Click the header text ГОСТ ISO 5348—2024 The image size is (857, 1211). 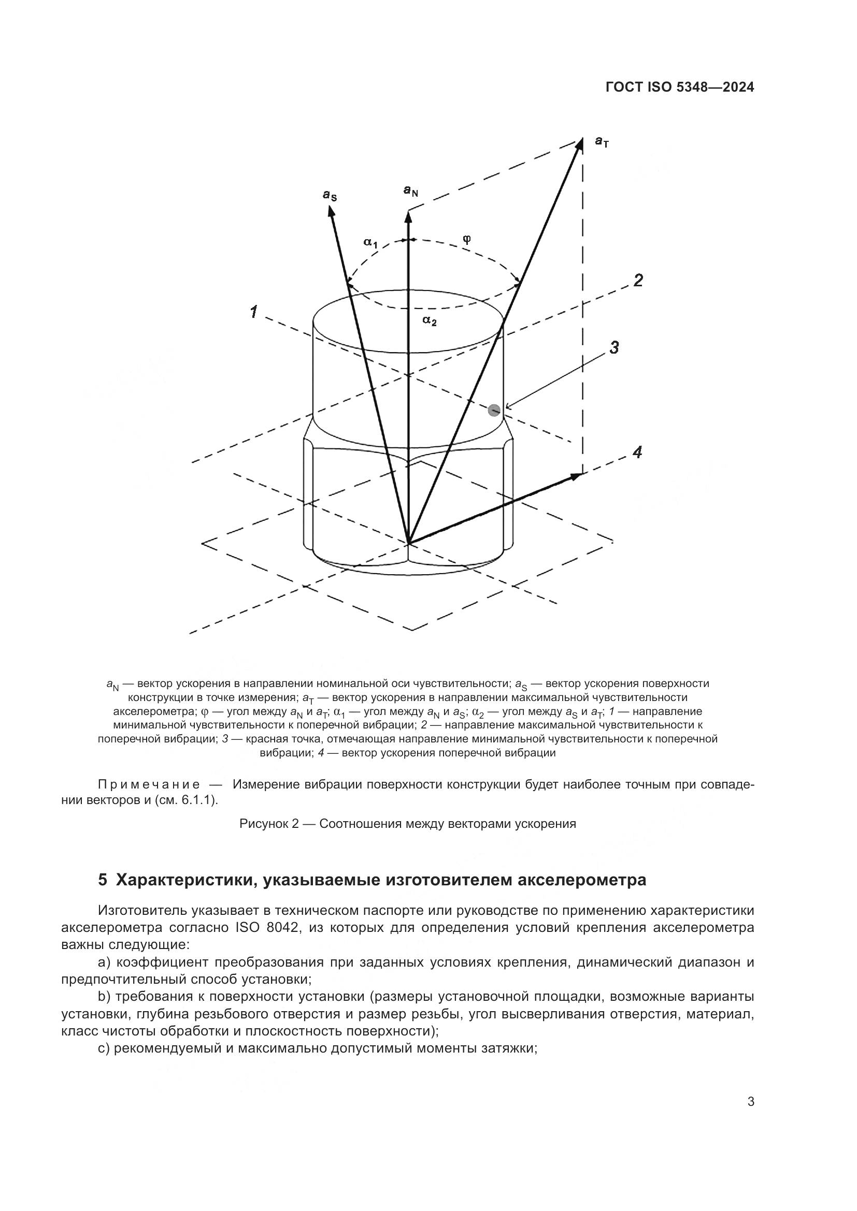[x=680, y=87]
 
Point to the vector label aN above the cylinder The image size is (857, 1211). [x=410, y=191]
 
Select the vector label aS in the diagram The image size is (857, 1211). [x=330, y=196]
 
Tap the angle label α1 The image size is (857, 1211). [x=370, y=243]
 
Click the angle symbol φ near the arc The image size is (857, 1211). [x=466, y=239]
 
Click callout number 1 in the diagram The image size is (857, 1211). [x=254, y=312]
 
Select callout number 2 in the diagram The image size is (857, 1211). [x=638, y=281]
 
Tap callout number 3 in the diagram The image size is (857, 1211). [x=613, y=347]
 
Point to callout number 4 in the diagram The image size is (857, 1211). [x=637, y=452]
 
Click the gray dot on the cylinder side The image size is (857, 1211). [x=494, y=410]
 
